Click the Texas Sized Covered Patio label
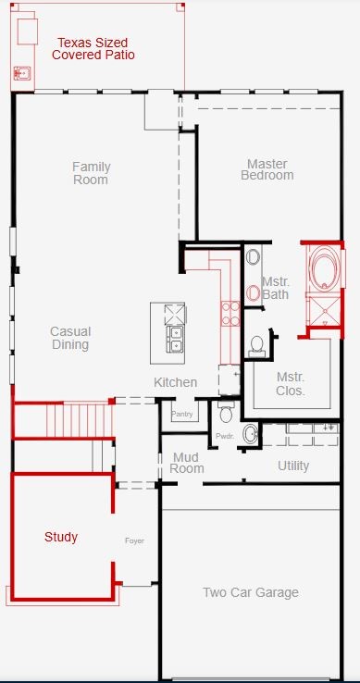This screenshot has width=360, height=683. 93,49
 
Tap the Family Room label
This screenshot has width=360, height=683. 91,173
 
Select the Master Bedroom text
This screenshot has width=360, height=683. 267,170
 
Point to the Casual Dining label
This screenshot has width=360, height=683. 70,338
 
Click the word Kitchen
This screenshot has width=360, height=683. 175,382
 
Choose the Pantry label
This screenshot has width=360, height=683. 181,415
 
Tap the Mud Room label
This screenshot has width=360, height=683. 187,463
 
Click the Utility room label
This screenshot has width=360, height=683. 293,466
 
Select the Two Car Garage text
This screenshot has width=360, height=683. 251,592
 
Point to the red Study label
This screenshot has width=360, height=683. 61,538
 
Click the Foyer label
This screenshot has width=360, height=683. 134,541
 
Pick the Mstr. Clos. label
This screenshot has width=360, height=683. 291,384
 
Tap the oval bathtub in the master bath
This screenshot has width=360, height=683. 325,267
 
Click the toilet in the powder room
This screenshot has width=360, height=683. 226,413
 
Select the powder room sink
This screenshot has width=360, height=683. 251,434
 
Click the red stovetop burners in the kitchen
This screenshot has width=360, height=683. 230,314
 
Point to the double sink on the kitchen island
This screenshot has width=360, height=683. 175,340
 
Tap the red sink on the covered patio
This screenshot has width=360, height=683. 21,73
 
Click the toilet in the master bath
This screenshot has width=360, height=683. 256,345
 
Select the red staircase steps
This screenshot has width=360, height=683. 80,420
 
